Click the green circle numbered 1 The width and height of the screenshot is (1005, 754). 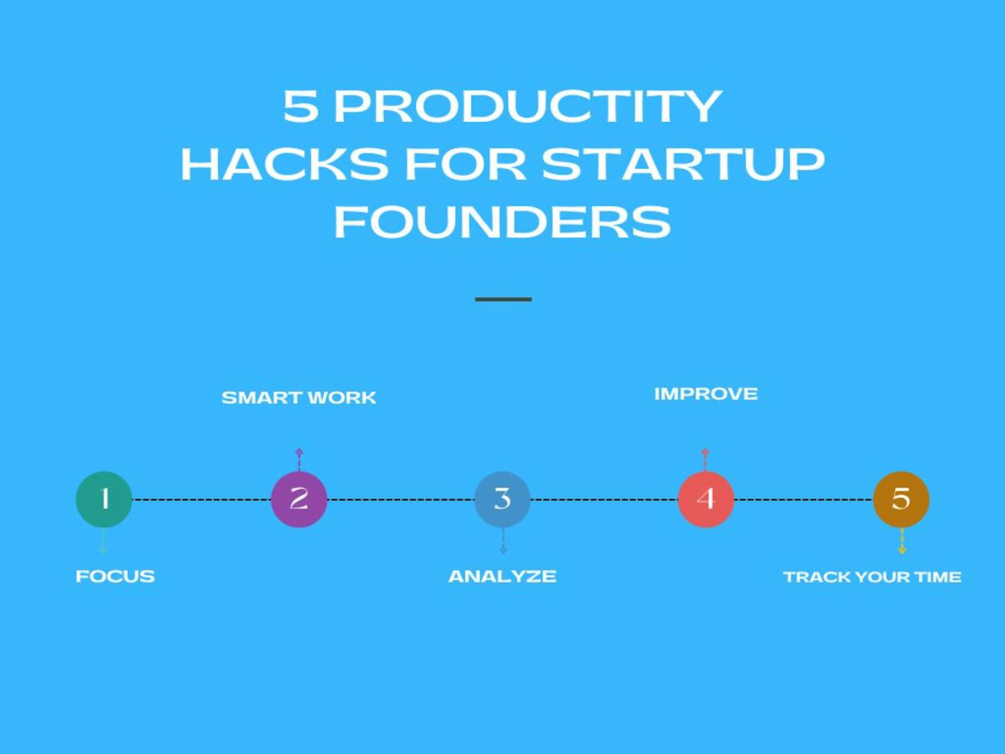point(104,499)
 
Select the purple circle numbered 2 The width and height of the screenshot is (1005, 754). point(299,499)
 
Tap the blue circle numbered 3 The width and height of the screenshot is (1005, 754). point(502,499)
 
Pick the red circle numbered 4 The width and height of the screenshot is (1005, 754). point(706,499)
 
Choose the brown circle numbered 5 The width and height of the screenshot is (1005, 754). point(901,499)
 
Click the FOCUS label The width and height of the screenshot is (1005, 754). point(115,576)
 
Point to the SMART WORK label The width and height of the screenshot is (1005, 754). point(298,398)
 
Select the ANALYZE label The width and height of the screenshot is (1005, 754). point(502,576)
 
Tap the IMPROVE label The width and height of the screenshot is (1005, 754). point(706,394)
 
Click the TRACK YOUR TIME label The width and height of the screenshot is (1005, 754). point(872,577)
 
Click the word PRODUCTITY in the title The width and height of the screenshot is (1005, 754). point(528,107)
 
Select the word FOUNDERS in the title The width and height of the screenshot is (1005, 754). point(502,222)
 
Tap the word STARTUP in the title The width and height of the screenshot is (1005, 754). point(683,164)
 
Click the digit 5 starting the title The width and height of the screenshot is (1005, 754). point(300,107)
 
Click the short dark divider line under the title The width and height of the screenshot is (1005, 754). point(503,299)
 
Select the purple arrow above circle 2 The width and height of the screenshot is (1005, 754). point(299,458)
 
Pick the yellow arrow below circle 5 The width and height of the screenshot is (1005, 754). point(901,542)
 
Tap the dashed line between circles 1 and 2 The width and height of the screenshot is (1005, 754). point(201,500)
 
